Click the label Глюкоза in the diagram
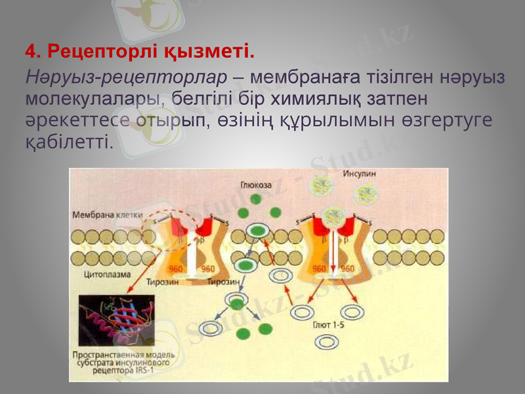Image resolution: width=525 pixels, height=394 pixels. (256, 185)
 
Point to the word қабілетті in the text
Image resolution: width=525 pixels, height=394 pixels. (69, 141)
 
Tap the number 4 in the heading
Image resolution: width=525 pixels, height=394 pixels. (30, 50)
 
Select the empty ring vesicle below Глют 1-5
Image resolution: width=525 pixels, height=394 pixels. (326, 342)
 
